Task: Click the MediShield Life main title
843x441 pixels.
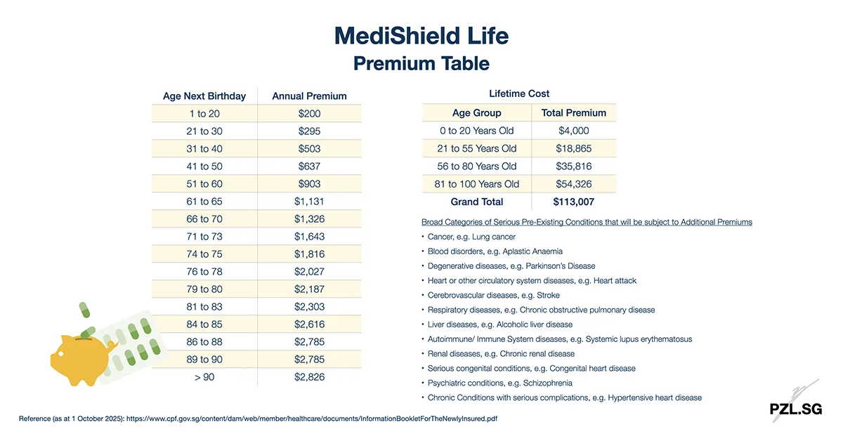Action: pyautogui.click(x=421, y=35)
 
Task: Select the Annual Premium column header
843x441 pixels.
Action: pyautogui.click(x=309, y=96)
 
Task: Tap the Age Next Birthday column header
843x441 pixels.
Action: pyautogui.click(x=204, y=96)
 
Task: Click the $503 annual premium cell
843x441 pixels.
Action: pyautogui.click(x=309, y=149)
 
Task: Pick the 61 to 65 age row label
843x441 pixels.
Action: pyautogui.click(x=204, y=202)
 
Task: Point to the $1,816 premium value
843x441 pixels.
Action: pyautogui.click(x=309, y=254)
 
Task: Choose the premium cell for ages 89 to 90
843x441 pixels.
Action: pyautogui.click(x=309, y=360)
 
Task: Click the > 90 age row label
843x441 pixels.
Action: pyautogui.click(x=204, y=377)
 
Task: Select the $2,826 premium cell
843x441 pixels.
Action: pyautogui.click(x=309, y=377)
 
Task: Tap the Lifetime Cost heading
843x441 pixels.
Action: pyautogui.click(x=519, y=93)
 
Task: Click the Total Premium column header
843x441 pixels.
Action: pyautogui.click(x=574, y=113)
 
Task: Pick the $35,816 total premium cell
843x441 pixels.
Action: pyautogui.click(x=574, y=166)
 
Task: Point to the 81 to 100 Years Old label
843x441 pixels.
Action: pyautogui.click(x=477, y=184)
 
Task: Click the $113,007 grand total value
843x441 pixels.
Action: pyautogui.click(x=574, y=202)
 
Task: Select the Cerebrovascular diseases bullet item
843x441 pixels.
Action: pyautogui.click(x=494, y=296)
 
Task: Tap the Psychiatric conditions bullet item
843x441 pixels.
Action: pyautogui.click(x=500, y=383)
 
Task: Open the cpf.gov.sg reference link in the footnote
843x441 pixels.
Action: pyautogui.click(x=316, y=419)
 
